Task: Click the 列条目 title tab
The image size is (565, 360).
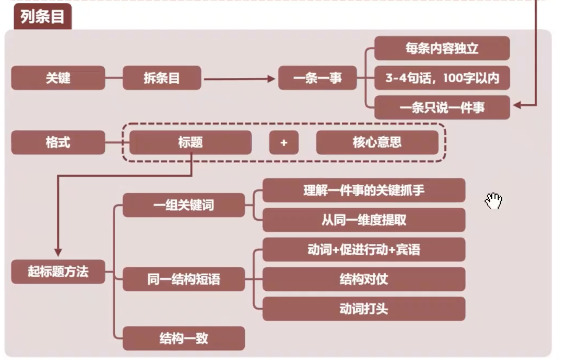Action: (x=42, y=17)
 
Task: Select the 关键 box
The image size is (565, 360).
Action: (x=58, y=78)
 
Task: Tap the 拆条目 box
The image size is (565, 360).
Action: (x=162, y=78)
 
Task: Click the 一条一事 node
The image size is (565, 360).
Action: (x=317, y=78)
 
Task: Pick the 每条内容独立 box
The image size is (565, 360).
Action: (x=442, y=48)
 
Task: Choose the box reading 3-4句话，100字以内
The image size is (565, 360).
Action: (x=442, y=78)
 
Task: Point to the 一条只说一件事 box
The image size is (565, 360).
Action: (x=442, y=108)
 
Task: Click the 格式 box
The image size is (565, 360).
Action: (x=58, y=143)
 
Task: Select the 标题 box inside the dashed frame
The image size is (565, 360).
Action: (x=190, y=143)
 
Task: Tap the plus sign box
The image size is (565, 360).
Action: (x=284, y=143)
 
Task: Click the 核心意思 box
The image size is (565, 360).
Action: (x=377, y=143)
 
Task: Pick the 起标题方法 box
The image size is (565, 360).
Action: (x=58, y=272)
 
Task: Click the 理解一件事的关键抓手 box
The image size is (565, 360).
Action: (x=364, y=190)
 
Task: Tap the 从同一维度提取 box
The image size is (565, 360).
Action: (x=364, y=220)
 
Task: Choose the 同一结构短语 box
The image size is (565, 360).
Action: (x=184, y=279)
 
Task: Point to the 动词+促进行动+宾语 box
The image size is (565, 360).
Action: (x=364, y=250)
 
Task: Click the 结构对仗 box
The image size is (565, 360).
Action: (x=364, y=279)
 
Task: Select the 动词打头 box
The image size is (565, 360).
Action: (x=364, y=309)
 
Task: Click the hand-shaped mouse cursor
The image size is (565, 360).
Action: (x=493, y=201)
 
